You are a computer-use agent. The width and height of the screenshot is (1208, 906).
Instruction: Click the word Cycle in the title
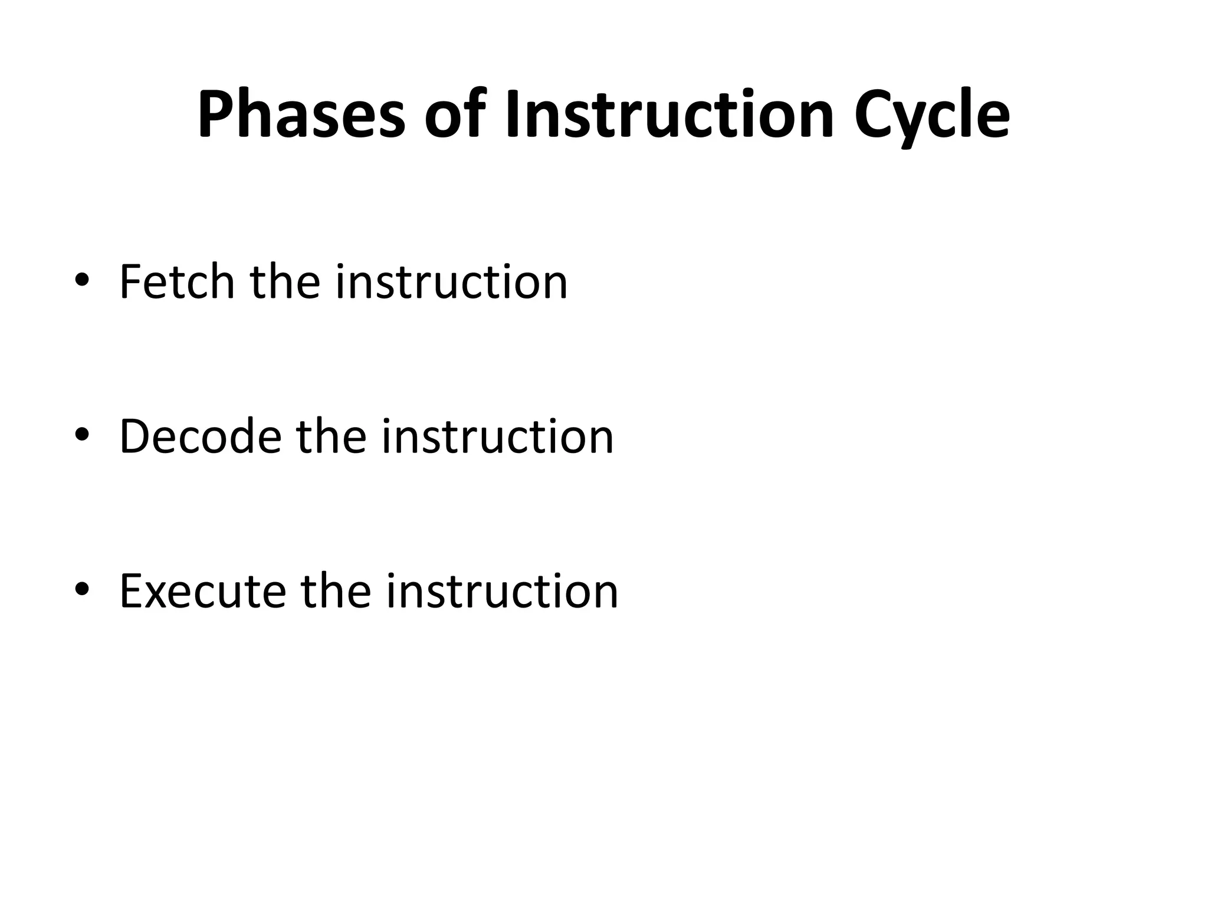[932, 115]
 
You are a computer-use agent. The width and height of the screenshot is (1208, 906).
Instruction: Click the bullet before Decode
[82, 435]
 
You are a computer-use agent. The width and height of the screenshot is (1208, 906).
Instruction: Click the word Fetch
[177, 281]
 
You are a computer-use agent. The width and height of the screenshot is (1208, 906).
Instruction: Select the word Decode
[201, 436]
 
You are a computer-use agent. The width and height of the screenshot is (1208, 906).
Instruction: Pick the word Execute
[203, 590]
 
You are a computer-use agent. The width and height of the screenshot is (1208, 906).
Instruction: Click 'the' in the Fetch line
[285, 281]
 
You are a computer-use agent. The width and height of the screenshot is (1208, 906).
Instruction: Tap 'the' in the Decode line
[331, 436]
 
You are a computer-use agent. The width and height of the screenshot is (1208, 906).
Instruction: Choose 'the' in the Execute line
[336, 590]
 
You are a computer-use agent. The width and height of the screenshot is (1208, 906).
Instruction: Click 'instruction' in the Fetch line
[451, 281]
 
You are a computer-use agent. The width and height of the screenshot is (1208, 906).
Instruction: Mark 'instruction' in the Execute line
[502, 590]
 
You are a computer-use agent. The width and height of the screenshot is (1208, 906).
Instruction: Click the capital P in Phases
[216, 114]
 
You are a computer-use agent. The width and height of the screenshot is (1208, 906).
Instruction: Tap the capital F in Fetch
[131, 281]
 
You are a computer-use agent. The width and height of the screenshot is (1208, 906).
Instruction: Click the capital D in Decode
[135, 436]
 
